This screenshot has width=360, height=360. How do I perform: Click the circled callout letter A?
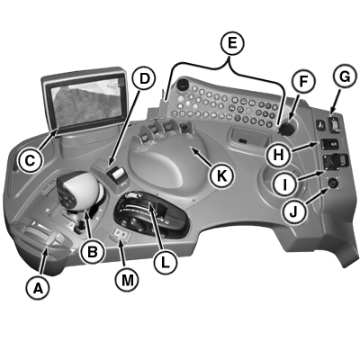click(38, 288)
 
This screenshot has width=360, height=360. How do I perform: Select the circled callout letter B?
click(92, 252)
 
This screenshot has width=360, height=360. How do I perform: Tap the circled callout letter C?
click(30, 161)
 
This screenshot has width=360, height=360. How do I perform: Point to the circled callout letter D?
click(144, 78)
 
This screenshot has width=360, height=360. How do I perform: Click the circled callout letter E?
click(232, 43)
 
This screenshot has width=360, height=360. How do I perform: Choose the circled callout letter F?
click(303, 81)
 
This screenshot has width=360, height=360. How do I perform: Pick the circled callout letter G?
click(345, 77)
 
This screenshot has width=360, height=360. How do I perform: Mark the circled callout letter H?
click(278, 155)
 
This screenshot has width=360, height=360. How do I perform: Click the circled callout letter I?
click(285, 184)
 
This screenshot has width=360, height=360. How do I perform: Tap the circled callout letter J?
click(293, 211)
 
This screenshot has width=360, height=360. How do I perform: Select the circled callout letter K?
click(221, 175)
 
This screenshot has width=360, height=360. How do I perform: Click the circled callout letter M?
click(128, 280)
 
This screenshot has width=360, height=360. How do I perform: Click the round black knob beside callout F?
click(287, 128)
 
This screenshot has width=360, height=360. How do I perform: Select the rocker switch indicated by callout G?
click(335, 124)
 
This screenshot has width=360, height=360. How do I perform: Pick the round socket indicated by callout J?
click(332, 183)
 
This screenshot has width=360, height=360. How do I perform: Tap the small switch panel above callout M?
click(121, 234)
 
